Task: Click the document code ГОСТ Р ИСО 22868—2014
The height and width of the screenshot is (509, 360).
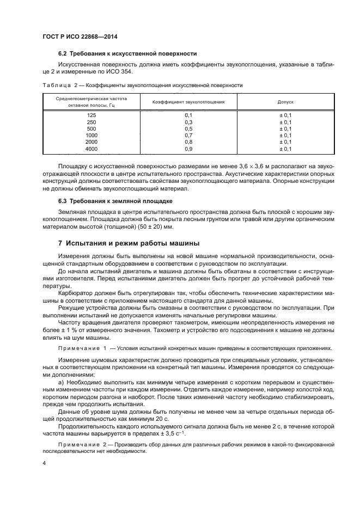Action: tap(80, 37)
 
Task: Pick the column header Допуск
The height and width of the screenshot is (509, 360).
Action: tap(285, 102)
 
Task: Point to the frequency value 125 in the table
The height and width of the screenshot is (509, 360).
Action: tap(91, 116)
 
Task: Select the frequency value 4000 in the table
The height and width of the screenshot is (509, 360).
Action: tap(91, 149)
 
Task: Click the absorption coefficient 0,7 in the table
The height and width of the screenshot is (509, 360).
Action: tap(188, 136)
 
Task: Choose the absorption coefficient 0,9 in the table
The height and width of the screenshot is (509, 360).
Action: tap(188, 149)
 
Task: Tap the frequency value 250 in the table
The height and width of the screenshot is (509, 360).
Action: tap(91, 122)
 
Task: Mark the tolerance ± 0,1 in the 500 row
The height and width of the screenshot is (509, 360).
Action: tap(285, 129)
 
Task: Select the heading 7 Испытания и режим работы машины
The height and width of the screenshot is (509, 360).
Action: tap(129, 242)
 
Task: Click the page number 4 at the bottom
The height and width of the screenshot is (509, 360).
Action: tap(45, 463)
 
